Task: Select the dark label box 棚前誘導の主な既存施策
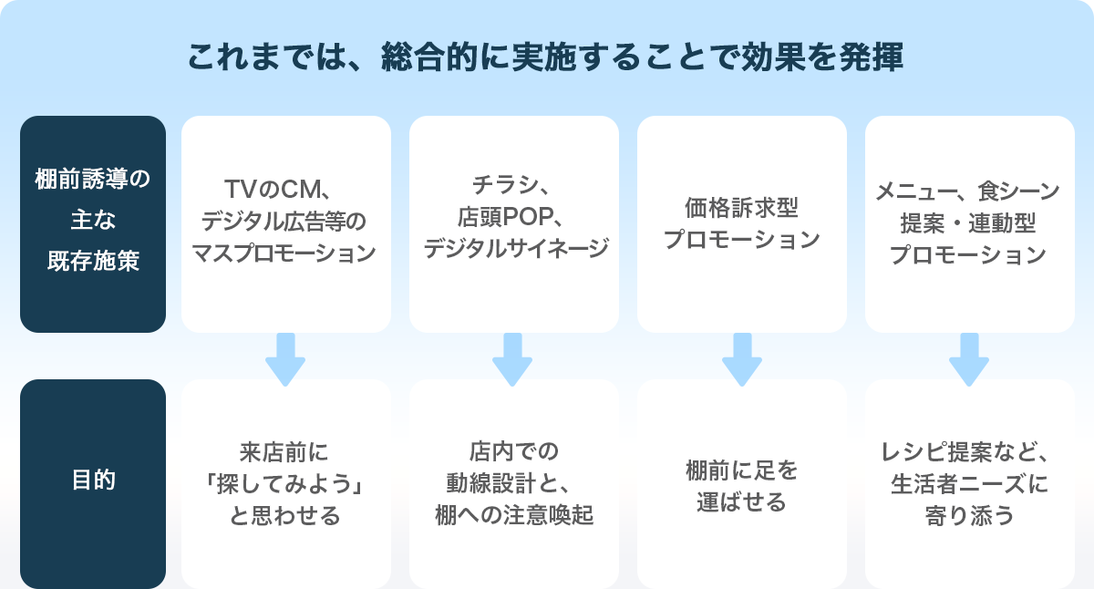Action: (93, 223)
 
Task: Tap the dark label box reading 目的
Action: (93, 483)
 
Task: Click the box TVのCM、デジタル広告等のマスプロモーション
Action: (285, 223)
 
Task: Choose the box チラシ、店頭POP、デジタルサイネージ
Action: (513, 223)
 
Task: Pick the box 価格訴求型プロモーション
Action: (741, 223)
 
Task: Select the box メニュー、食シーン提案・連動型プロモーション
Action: (969, 223)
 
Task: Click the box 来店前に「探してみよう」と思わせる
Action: (285, 483)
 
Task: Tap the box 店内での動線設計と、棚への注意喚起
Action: (513, 483)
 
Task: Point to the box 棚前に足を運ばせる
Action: (741, 483)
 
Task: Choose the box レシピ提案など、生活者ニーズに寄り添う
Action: (969, 483)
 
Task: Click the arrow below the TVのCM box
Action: (285, 358)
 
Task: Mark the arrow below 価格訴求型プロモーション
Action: (741, 358)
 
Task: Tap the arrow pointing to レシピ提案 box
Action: (969, 358)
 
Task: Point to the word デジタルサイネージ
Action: (515, 249)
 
